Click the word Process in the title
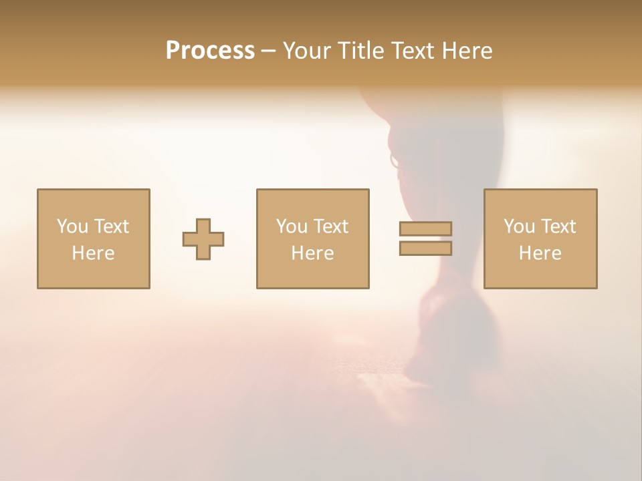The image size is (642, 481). pyautogui.click(x=210, y=51)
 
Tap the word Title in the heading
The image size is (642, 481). pyautogui.click(x=362, y=51)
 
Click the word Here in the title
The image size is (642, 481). pyautogui.click(x=469, y=51)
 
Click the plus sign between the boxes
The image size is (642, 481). pyautogui.click(x=203, y=239)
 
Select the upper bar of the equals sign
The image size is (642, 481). pyautogui.click(x=425, y=229)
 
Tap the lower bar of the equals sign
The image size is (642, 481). pyautogui.click(x=425, y=249)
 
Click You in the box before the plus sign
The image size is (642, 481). pyautogui.click(x=72, y=226)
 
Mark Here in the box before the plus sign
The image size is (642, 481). pyautogui.click(x=93, y=253)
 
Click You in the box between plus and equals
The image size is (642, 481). pyautogui.click(x=291, y=226)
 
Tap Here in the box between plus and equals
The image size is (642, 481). pyautogui.click(x=312, y=253)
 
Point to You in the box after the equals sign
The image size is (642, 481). pyautogui.click(x=518, y=226)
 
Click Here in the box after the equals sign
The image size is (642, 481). pyautogui.click(x=540, y=253)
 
